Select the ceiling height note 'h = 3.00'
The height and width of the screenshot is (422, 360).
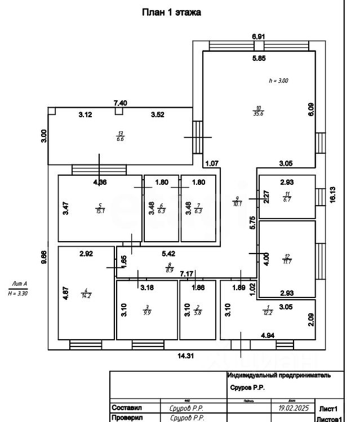click(x=278, y=81)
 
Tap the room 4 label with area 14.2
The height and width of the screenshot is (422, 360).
click(x=86, y=293)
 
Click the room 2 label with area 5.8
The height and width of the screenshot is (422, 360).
click(x=197, y=309)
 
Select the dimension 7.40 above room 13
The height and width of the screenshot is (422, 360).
click(x=120, y=103)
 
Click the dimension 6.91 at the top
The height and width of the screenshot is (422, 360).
click(x=259, y=36)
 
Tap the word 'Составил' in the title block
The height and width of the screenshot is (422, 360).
click(x=128, y=407)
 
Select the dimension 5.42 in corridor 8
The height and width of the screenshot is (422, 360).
click(x=168, y=254)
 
